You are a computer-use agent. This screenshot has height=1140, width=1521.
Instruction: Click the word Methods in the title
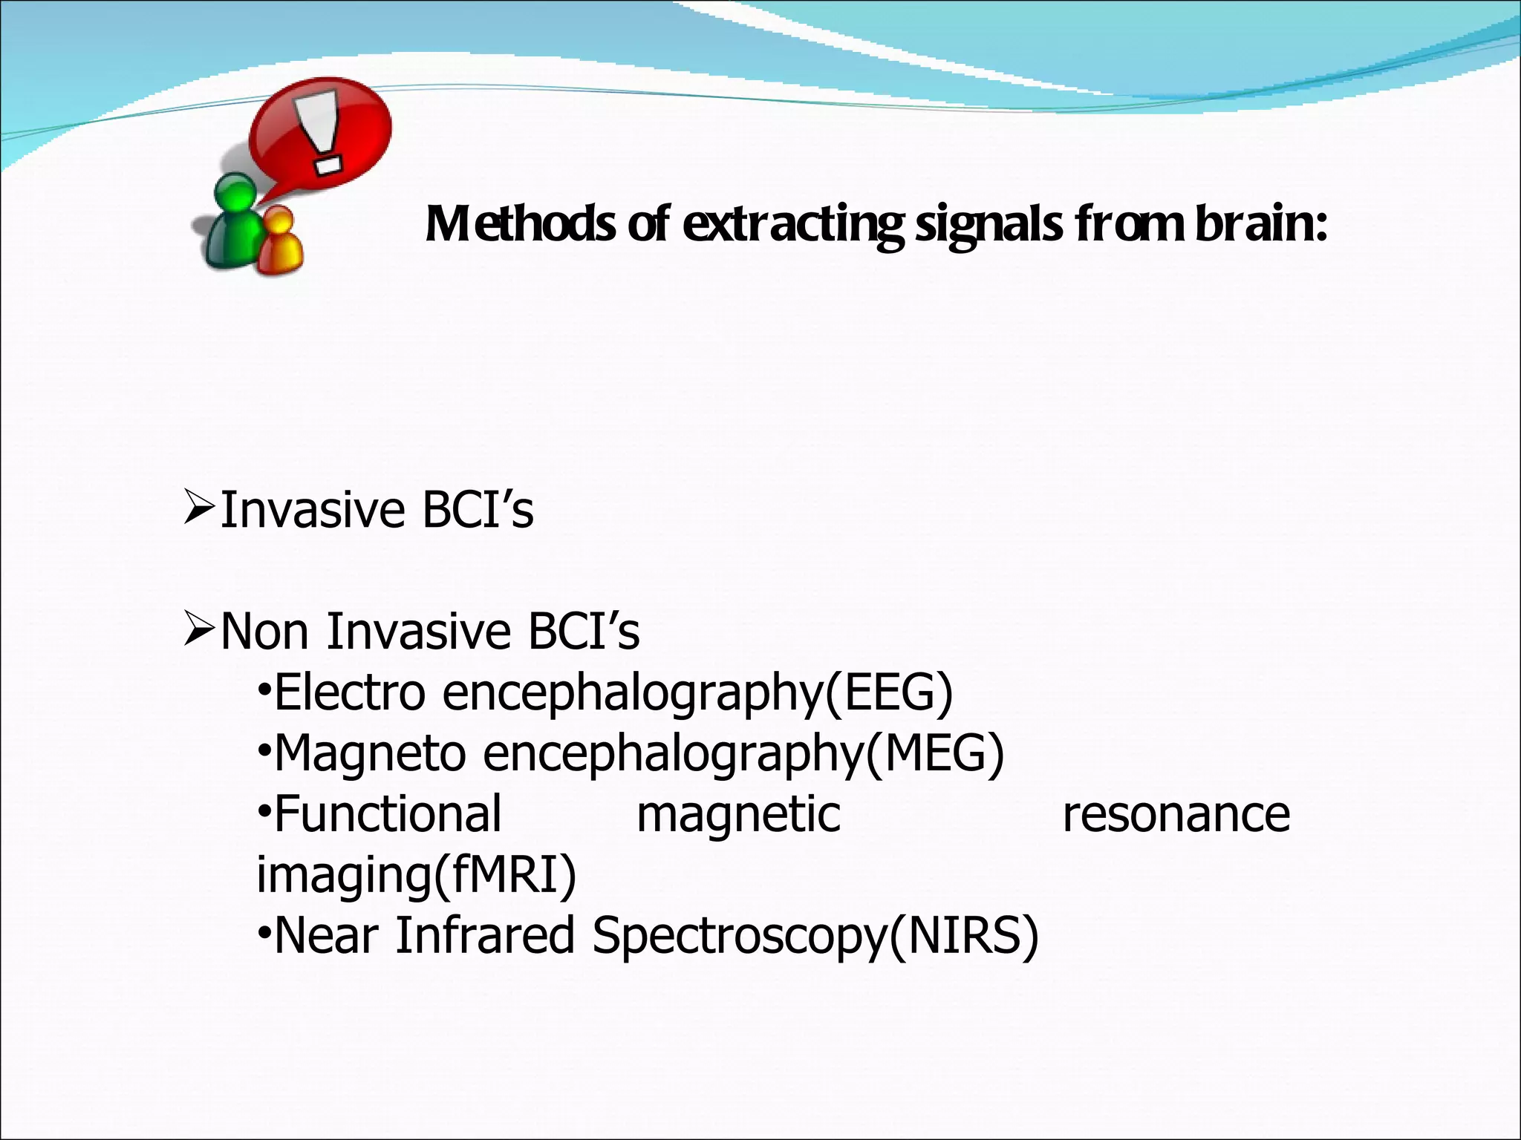pos(520,224)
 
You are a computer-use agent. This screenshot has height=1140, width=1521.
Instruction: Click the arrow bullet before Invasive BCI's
pos(199,509)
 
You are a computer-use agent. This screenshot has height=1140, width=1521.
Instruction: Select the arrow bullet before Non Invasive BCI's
pos(199,630)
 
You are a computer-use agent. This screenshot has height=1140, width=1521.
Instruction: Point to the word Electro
pos(349,692)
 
